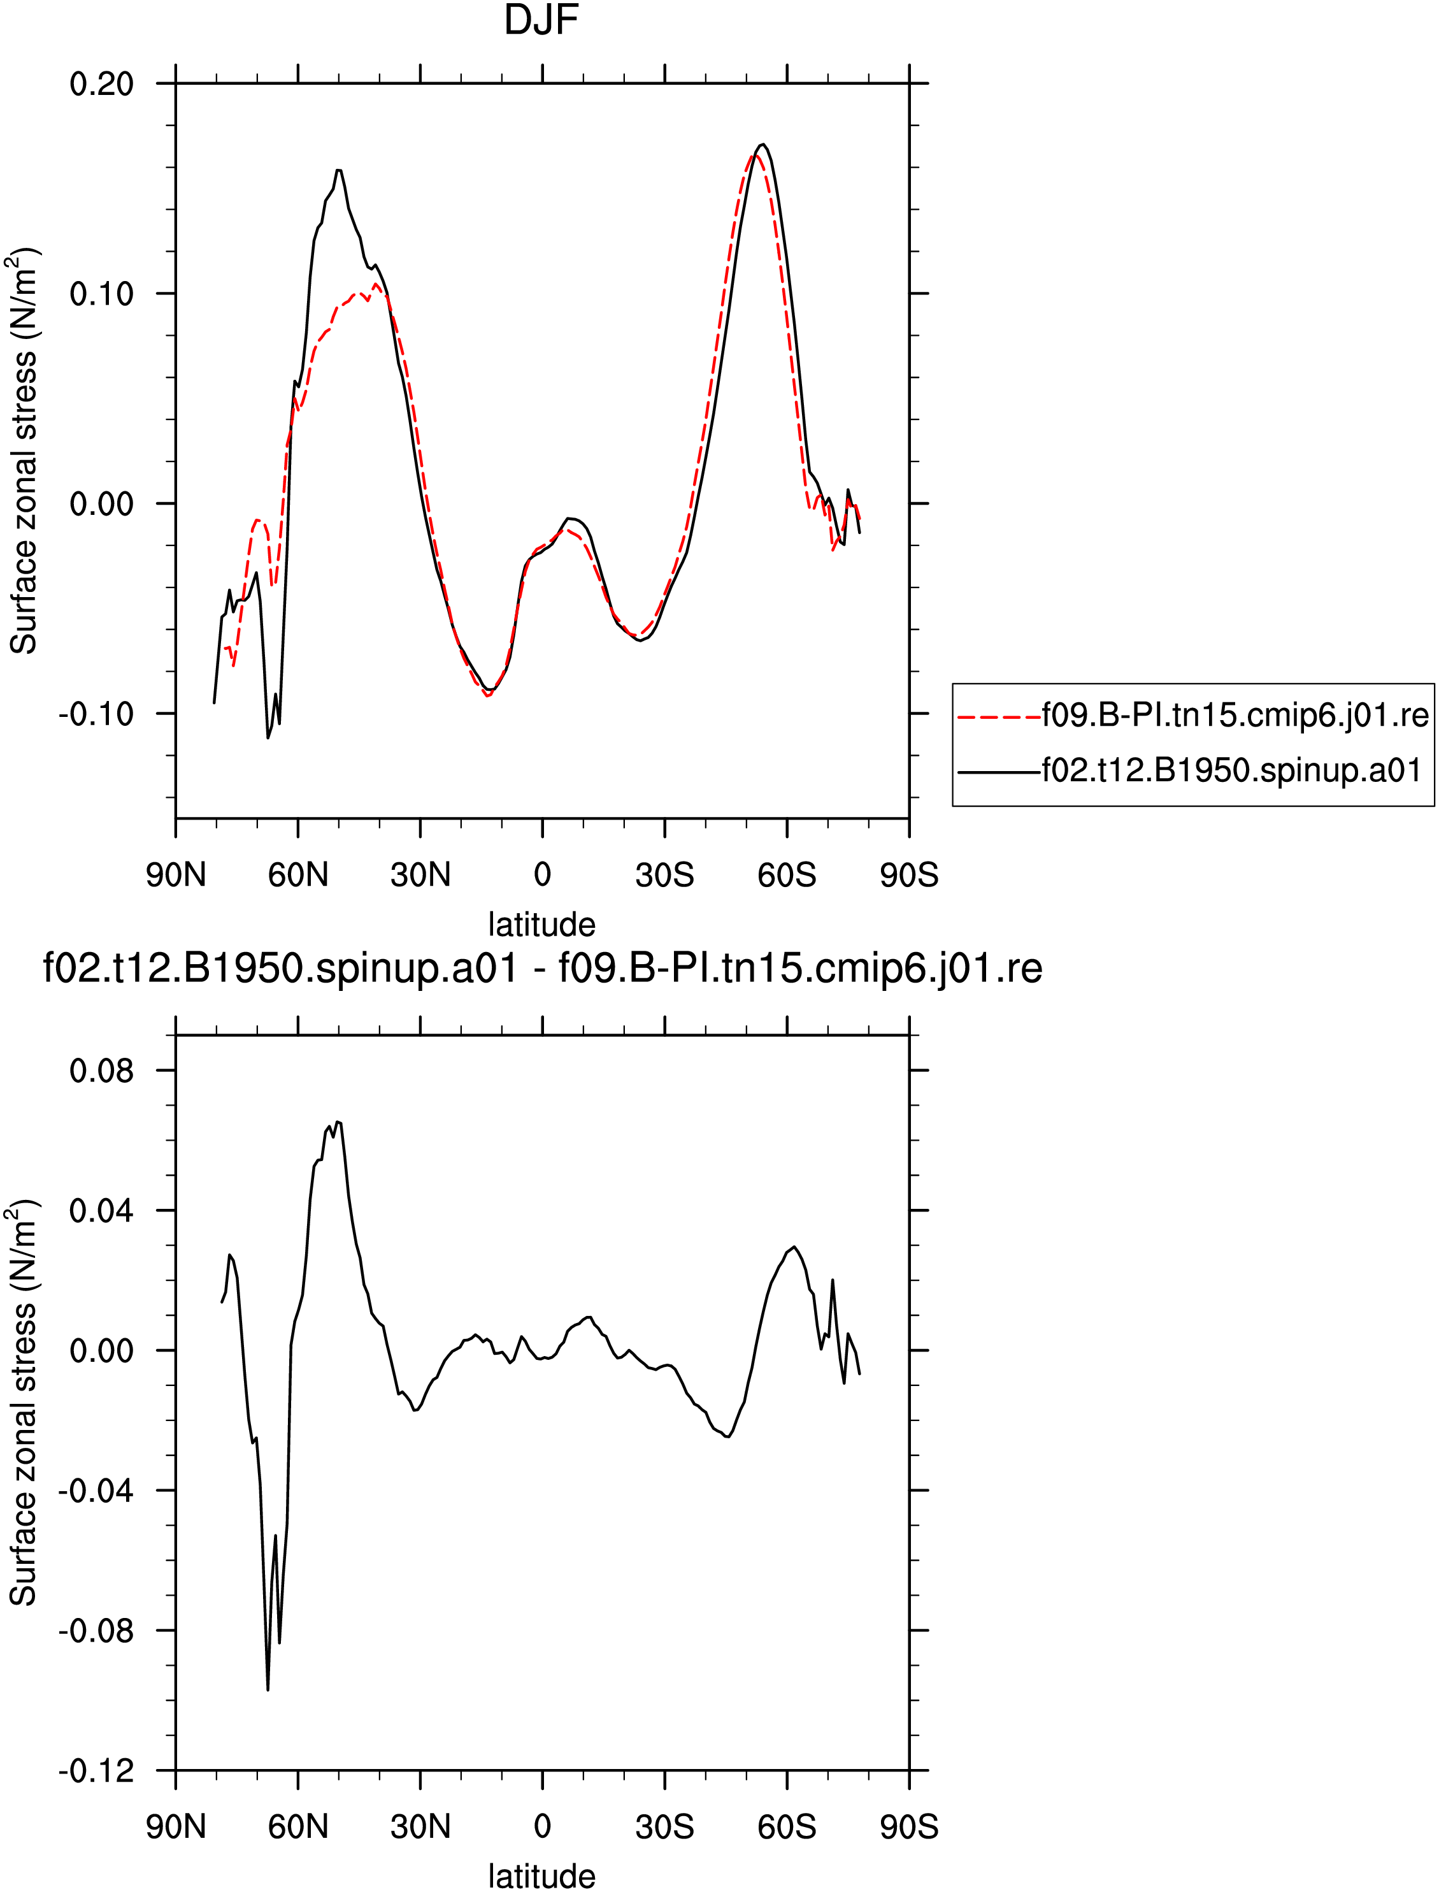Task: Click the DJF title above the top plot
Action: (x=541, y=20)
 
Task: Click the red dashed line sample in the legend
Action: (x=999, y=716)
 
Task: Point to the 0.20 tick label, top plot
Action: (x=102, y=84)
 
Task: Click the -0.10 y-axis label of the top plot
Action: (x=96, y=713)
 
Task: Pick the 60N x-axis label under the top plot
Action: (x=298, y=875)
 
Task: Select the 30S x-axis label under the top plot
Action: (x=664, y=875)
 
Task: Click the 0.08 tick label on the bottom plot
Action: (x=102, y=1070)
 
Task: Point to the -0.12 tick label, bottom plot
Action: (x=96, y=1770)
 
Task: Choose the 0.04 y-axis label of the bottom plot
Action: (x=102, y=1211)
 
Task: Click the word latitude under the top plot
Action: (x=541, y=925)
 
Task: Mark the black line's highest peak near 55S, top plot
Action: (x=762, y=144)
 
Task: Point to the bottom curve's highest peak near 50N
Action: (x=338, y=1122)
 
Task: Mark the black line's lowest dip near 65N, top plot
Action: (x=268, y=738)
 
